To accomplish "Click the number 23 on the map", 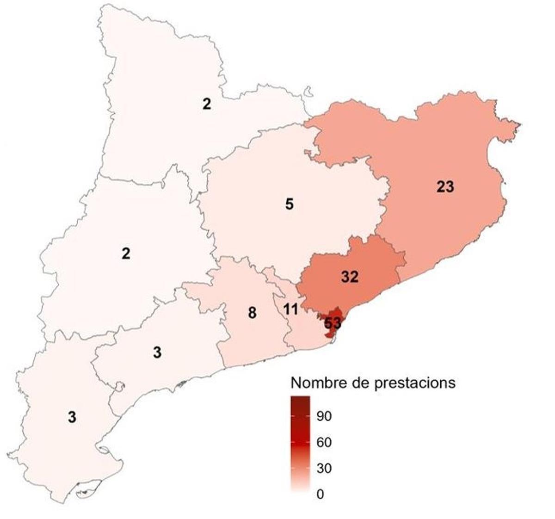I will pyautogui.click(x=445, y=187).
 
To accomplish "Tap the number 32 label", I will pyautogui.click(x=350, y=277).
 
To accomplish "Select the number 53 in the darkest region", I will pyautogui.click(x=333, y=323).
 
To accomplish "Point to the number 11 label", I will pyautogui.click(x=290, y=309).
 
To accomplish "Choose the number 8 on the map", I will pyautogui.click(x=252, y=313).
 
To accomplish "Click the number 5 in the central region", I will pyautogui.click(x=290, y=204).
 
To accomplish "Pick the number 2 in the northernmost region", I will pyautogui.click(x=206, y=104).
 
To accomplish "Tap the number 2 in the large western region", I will pyautogui.click(x=126, y=253).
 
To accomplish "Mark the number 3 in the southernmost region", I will pyautogui.click(x=72, y=417).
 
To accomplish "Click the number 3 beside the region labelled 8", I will pyautogui.click(x=157, y=352).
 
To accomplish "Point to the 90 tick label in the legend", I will pyautogui.click(x=324, y=416).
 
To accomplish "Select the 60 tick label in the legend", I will pyautogui.click(x=324, y=443).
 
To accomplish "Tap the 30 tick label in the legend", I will pyautogui.click(x=324, y=469).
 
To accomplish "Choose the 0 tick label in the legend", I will pyautogui.click(x=321, y=494).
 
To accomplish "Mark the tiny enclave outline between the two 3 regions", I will pyautogui.click(x=120, y=386).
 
